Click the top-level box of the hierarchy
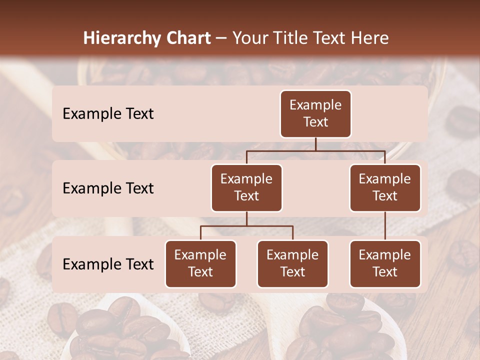tap(315, 113)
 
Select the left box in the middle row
tap(246, 187)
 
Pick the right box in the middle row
tap(385, 187)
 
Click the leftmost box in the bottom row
tap(200, 263)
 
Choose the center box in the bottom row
tap(292, 263)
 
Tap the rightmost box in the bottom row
tap(385, 263)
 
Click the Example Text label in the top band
tap(108, 113)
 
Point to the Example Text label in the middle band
tap(108, 188)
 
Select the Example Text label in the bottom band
tap(108, 264)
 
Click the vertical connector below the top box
tap(315, 144)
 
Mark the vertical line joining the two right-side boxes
tap(385, 226)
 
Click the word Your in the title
tap(248, 38)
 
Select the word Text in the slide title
tap(332, 38)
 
